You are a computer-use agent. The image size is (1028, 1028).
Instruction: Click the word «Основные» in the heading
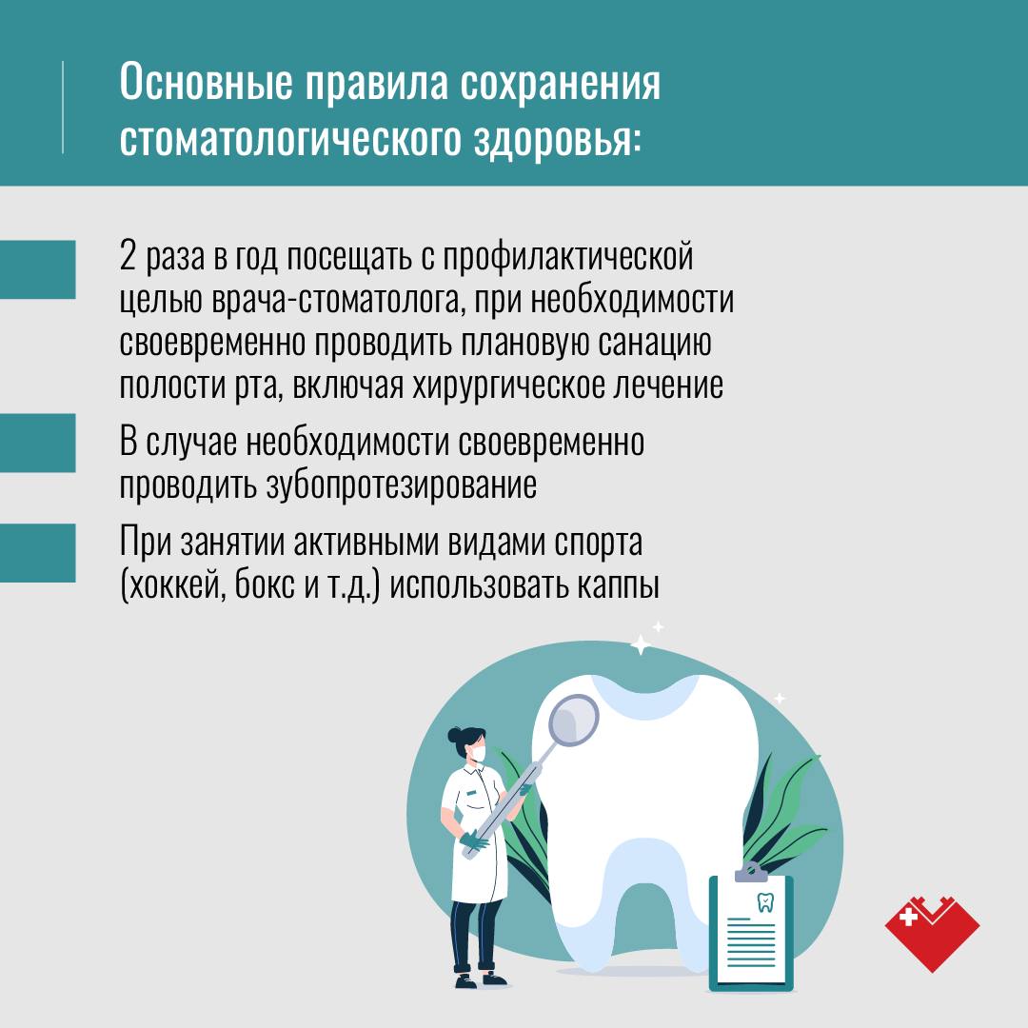tap(206, 82)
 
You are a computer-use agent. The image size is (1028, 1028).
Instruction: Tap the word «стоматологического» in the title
tap(290, 139)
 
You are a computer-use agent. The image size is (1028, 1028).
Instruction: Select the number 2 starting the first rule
tap(128, 256)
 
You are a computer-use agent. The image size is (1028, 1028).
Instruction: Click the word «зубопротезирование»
tap(402, 485)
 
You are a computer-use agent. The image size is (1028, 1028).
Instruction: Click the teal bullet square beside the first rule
tap(37, 269)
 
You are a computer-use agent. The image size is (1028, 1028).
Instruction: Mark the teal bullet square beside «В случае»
tap(37, 444)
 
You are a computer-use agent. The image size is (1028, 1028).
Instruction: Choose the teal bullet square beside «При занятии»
tap(37, 553)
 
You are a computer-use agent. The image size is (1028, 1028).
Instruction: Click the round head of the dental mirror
tap(574, 720)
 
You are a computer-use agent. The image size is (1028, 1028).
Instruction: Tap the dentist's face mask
tap(478, 753)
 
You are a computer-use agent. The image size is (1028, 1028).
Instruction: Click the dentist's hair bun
tap(455, 735)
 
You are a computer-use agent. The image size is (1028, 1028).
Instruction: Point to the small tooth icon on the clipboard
tap(765, 902)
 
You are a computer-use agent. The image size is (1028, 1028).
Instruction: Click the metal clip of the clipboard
tap(751, 873)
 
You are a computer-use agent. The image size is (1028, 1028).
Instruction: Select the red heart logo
tap(932, 934)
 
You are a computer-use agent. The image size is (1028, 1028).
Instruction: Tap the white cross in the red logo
tap(909, 916)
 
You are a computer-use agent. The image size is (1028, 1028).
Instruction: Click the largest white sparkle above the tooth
tap(641, 645)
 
